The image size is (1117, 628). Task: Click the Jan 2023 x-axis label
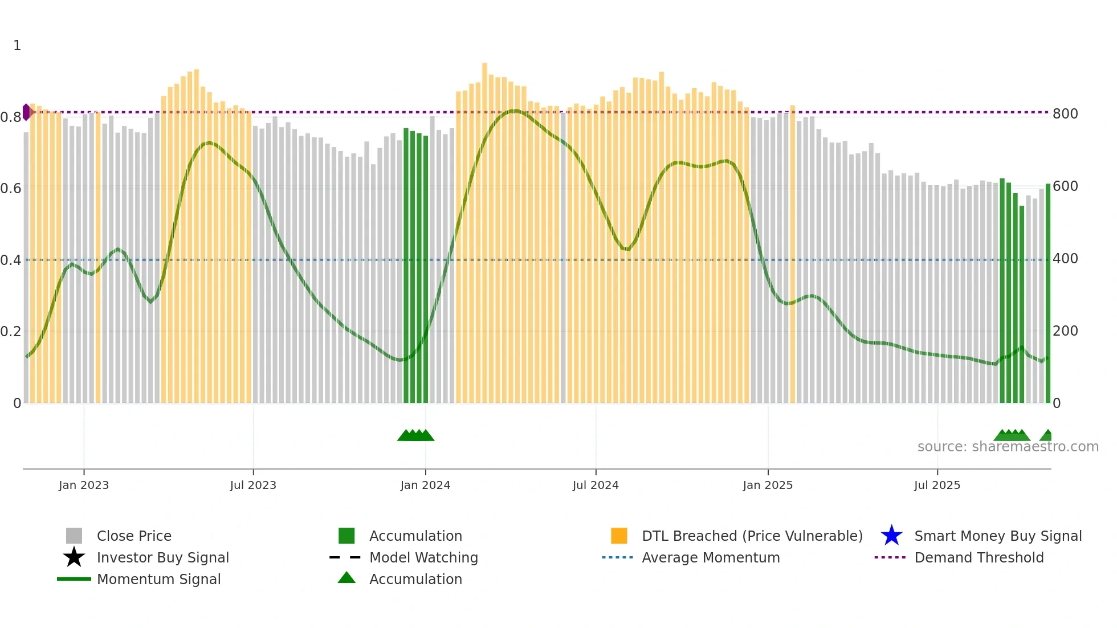83,485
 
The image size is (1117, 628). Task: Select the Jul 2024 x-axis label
596,485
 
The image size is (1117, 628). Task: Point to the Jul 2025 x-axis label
937,485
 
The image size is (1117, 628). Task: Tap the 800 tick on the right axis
1065,114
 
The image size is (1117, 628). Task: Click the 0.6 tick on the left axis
11,189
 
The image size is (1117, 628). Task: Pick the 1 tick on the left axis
17,46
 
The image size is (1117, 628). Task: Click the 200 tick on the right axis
1065,331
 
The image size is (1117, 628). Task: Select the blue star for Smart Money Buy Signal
891,536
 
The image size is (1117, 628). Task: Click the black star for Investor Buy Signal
74,557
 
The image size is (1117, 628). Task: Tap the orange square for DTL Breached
619,536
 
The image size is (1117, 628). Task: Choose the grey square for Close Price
74,536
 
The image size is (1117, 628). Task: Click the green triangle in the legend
346,578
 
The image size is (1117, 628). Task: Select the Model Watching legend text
423,557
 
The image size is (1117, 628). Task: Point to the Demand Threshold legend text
979,557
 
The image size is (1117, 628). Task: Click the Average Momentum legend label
711,557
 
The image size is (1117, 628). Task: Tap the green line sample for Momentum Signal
74,579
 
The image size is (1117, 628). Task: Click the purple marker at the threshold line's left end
26,112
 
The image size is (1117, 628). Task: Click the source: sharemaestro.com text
1008,447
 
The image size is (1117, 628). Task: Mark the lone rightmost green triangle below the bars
1047,436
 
